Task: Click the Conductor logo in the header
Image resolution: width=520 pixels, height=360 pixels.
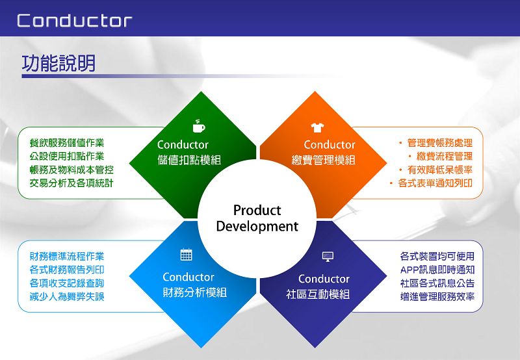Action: pos(75,21)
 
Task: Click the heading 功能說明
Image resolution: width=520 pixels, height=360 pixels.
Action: pos(58,63)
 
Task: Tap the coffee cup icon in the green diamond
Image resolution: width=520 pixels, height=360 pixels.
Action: pos(199,126)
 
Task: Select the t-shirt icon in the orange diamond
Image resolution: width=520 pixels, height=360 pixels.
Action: pos(317,127)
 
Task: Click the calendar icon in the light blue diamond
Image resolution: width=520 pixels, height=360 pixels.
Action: pos(186,255)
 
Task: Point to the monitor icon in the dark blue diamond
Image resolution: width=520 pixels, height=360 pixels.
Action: pos(328,257)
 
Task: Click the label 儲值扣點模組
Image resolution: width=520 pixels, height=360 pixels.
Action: pos(189,160)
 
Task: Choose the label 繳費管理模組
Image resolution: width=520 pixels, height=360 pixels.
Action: pos(323,160)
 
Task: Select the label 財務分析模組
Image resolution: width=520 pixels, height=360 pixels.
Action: pos(194,292)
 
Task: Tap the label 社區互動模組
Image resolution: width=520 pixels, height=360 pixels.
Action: pos(318,294)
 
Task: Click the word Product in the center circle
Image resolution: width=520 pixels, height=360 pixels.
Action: pos(257,210)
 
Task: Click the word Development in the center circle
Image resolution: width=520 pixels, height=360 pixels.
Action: pos(257,226)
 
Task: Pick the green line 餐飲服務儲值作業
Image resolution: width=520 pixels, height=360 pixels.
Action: pos(67,143)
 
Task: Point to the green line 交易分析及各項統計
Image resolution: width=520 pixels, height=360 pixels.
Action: pos(71,183)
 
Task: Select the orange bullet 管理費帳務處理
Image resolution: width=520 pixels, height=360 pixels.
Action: pos(435,143)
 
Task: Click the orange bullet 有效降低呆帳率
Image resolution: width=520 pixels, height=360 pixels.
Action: pos(435,170)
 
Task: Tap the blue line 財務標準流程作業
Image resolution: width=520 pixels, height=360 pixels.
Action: pos(67,256)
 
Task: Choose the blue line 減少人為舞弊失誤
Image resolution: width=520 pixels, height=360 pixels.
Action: pos(67,296)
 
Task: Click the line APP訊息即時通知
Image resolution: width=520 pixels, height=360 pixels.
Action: pos(437,270)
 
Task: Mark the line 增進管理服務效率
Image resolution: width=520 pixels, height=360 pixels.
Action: pos(437,296)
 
